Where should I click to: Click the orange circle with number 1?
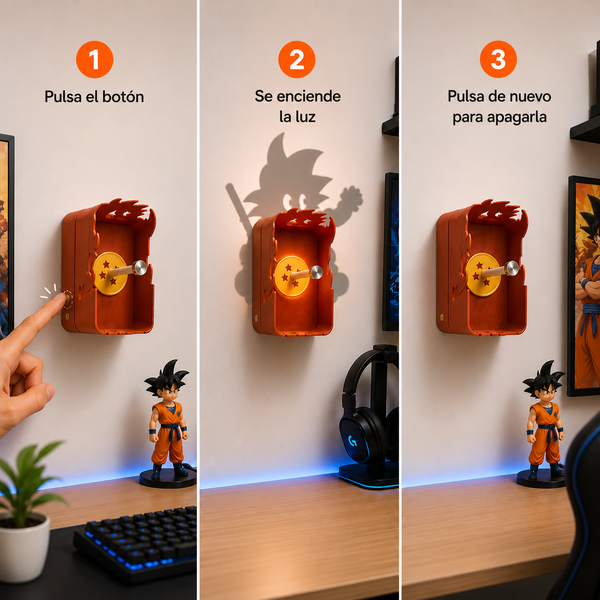tap(94, 59)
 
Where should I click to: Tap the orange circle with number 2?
tap(297, 59)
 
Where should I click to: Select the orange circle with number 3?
tap(498, 59)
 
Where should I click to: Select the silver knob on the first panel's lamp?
tap(140, 268)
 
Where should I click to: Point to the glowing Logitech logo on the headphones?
tap(353, 441)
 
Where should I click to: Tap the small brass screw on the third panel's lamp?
tap(442, 318)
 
